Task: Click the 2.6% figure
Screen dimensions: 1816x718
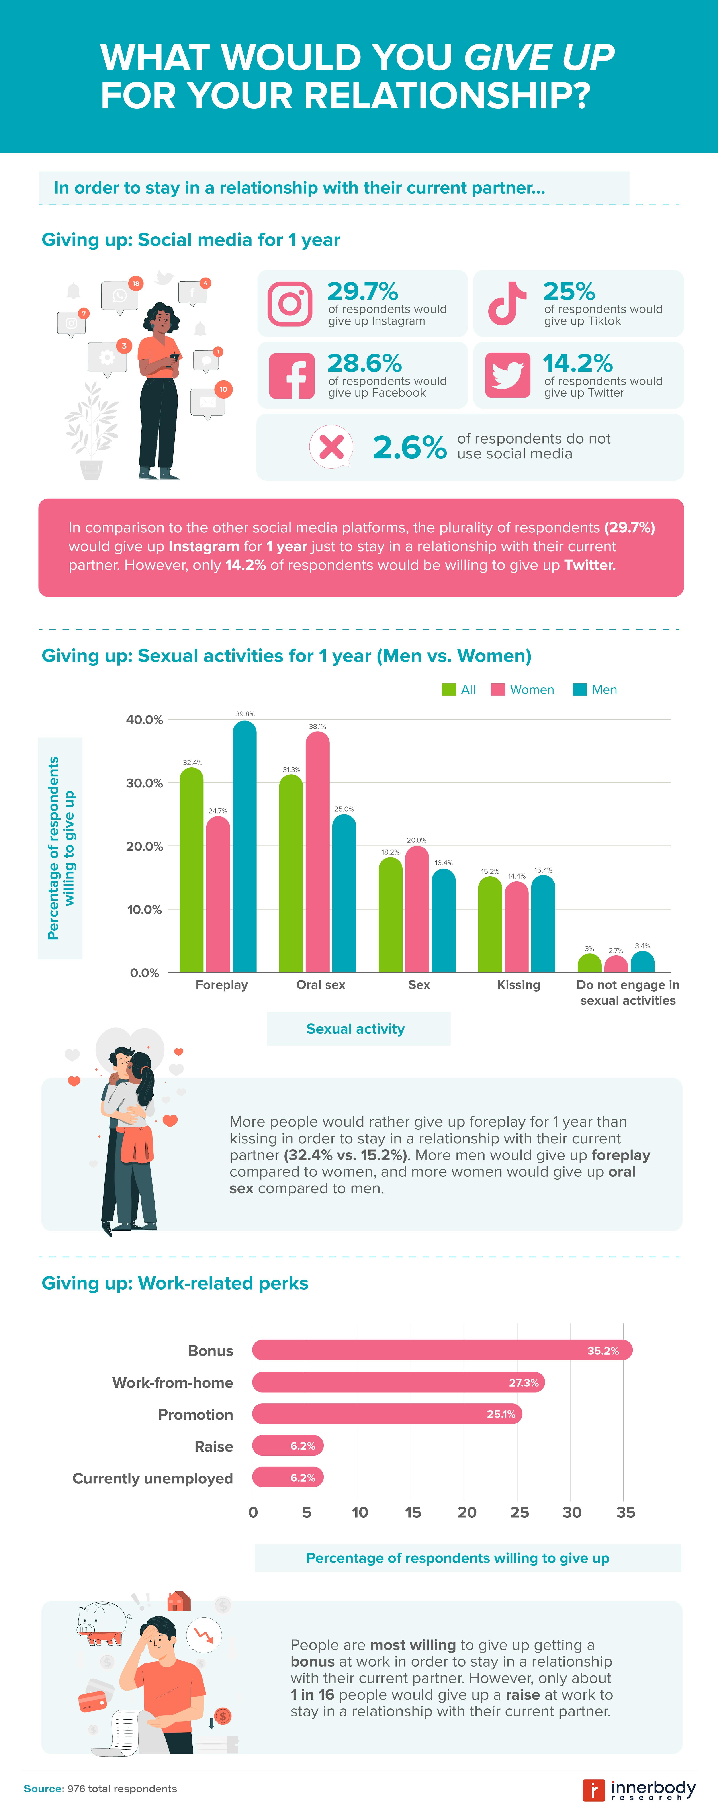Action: point(409,447)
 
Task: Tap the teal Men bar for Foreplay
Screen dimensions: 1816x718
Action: point(245,846)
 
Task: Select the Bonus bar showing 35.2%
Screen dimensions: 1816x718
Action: point(442,1350)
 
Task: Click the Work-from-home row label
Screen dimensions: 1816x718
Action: point(173,1382)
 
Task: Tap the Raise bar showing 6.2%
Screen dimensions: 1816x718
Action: point(288,1446)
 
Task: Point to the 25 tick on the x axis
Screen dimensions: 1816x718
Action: point(519,1512)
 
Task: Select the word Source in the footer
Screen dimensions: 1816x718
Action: point(43,1789)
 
